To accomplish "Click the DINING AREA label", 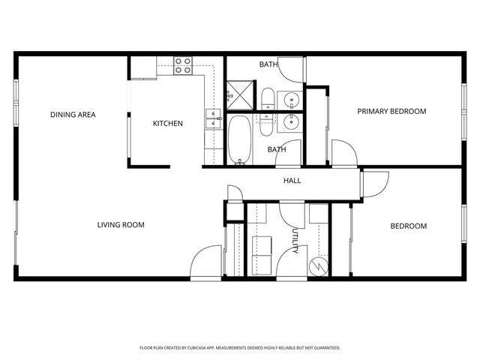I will [73, 114].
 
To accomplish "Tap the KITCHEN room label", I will [168, 124].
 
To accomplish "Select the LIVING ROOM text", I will [121, 224].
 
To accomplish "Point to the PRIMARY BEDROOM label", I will [391, 111].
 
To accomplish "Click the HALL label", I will [292, 181].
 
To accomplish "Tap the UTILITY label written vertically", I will [295, 241].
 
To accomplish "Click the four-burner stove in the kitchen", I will [183, 66].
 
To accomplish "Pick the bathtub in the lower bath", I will [241, 139].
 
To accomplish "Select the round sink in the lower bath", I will [290, 120].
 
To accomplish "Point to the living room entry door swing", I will [204, 262].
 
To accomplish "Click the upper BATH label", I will [268, 64].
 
